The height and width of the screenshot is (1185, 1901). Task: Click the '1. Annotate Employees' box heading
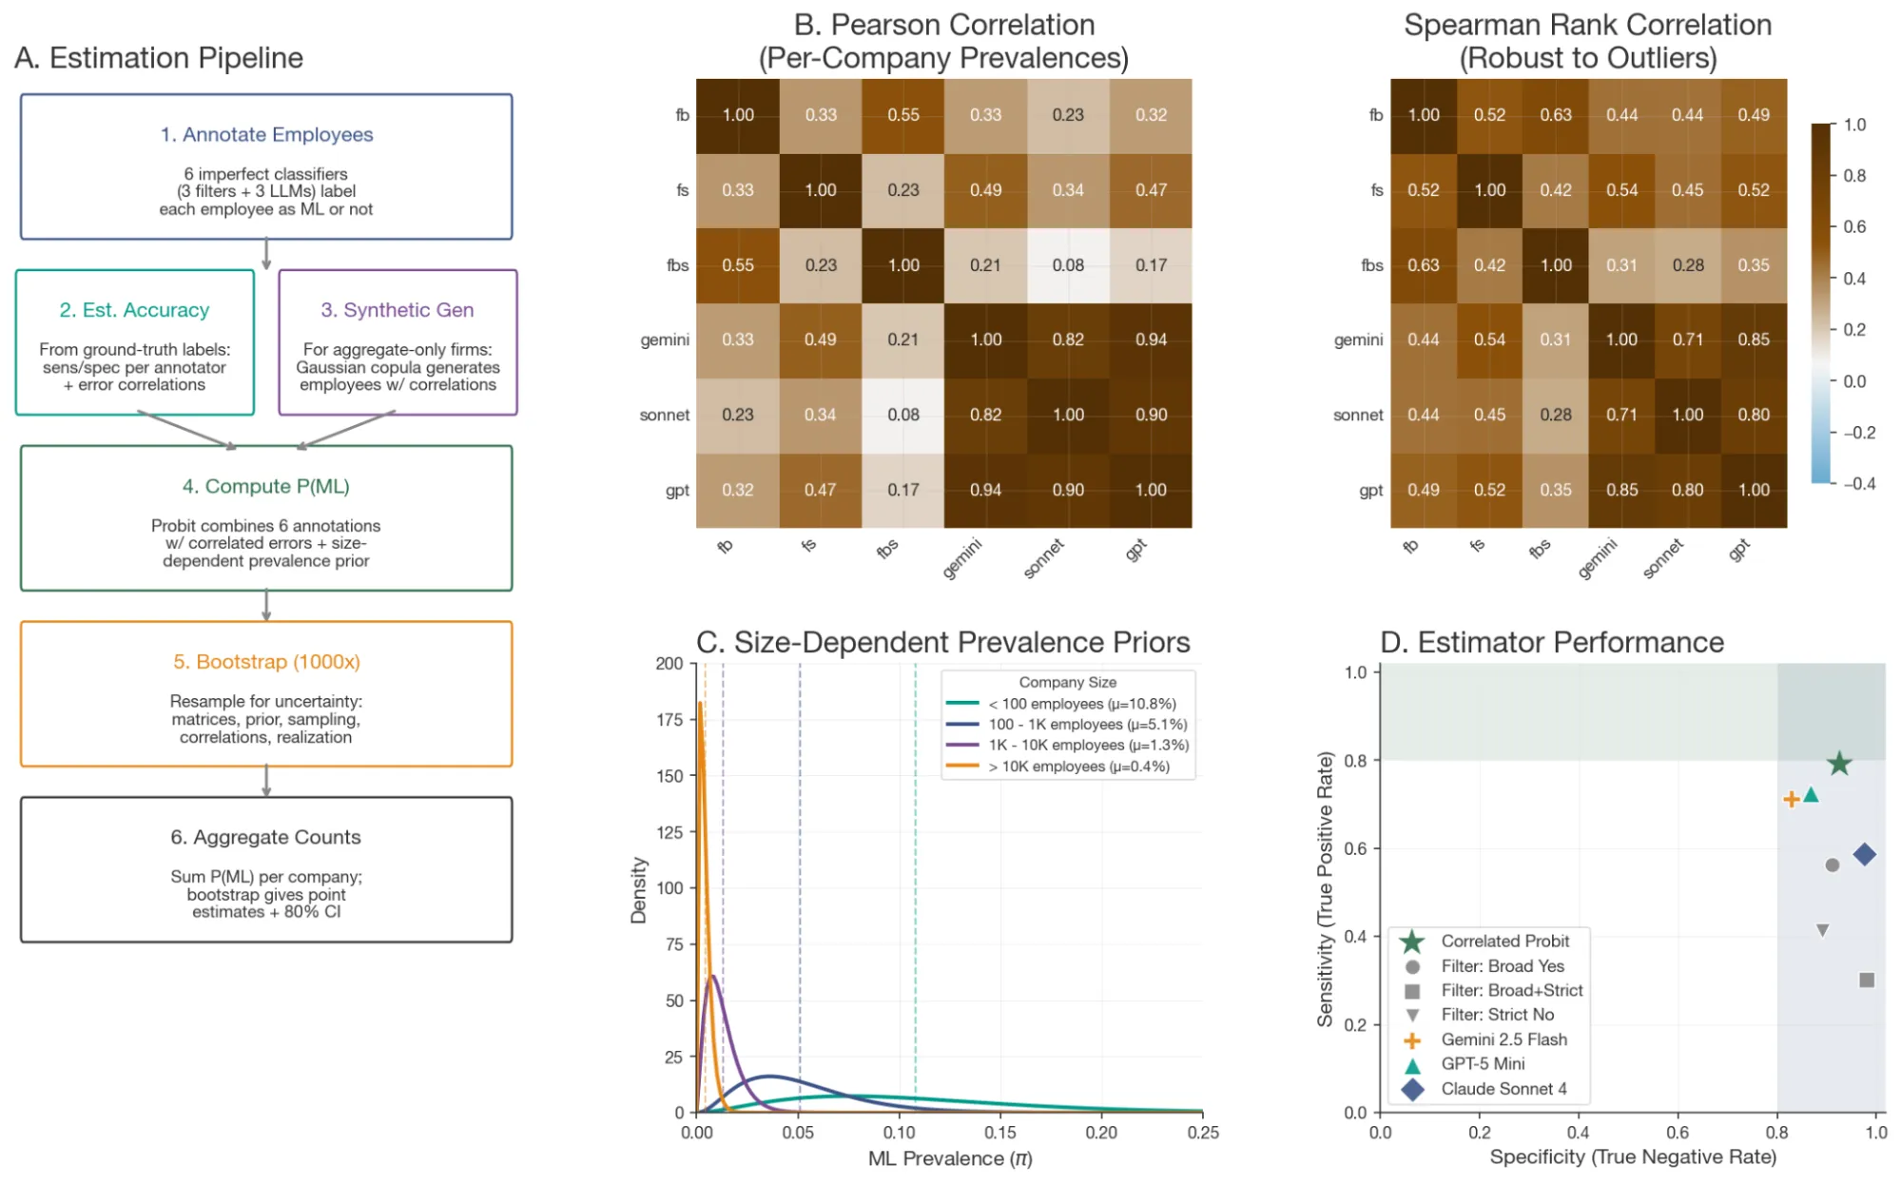tap(266, 135)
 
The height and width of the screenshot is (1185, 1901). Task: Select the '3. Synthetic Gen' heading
tap(397, 310)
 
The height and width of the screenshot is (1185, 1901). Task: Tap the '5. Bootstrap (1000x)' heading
tap(266, 662)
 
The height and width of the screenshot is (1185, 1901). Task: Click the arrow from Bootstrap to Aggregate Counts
tap(266, 781)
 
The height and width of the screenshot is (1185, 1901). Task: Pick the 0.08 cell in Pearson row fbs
tap(1068, 265)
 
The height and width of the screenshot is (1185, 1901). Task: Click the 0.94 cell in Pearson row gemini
tap(1151, 340)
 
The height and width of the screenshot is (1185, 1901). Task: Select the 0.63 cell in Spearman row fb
tap(1556, 115)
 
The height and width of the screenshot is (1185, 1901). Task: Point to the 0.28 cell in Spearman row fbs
tap(1688, 265)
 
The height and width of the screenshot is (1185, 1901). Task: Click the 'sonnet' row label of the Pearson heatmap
tap(664, 415)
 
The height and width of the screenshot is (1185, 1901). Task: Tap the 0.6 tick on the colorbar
tap(1853, 226)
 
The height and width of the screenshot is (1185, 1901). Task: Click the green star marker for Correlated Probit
tap(1839, 763)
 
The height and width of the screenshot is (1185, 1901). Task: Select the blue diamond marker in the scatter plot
tap(1864, 854)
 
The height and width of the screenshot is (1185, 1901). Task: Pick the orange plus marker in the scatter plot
tap(1791, 799)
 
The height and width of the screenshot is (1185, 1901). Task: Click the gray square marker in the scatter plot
tap(1867, 980)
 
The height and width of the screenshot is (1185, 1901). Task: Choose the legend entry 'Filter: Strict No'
tap(1497, 1015)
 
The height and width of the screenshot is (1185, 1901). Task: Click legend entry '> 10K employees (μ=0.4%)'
tap(1078, 767)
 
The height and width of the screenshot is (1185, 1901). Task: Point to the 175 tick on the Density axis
tap(669, 720)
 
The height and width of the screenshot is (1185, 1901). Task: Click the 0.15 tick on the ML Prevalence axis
tap(1000, 1133)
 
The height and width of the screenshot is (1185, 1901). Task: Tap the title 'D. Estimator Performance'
tap(1551, 642)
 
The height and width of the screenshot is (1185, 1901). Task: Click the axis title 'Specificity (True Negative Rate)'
tap(1633, 1156)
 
